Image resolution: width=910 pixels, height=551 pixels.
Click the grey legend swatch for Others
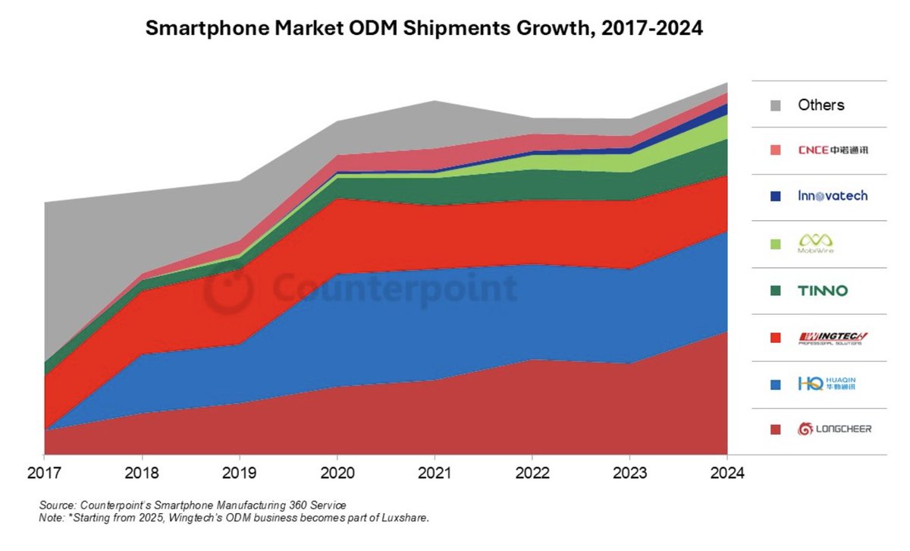click(774, 105)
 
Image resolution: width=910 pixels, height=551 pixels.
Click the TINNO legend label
click(823, 291)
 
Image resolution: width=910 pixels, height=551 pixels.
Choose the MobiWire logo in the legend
click(816, 243)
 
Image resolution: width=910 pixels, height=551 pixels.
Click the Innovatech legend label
click(832, 196)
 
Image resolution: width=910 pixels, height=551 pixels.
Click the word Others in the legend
click(821, 105)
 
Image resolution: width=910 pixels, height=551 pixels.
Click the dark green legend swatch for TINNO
click(774, 291)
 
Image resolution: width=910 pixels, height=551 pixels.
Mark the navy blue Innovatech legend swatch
click(774, 196)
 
